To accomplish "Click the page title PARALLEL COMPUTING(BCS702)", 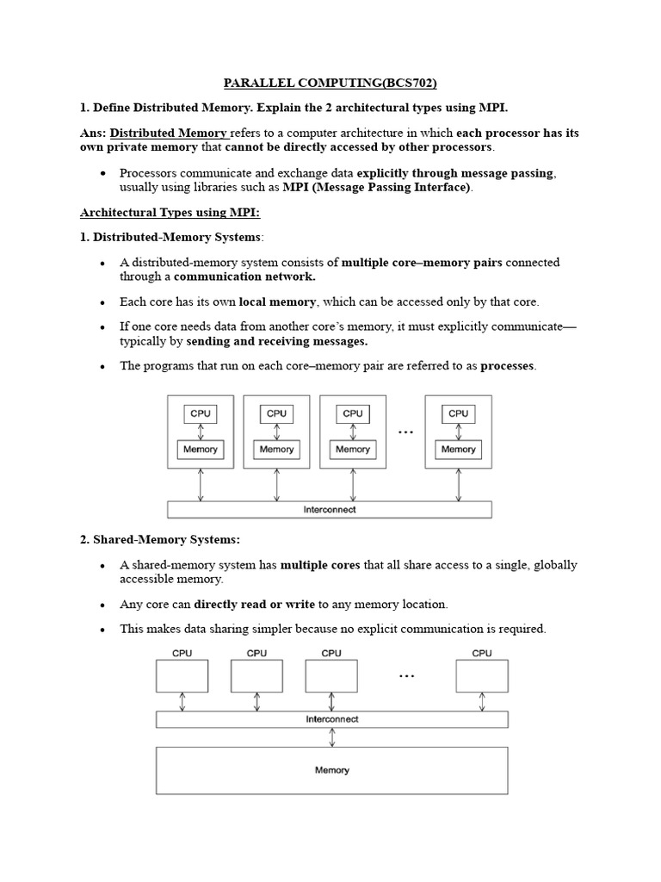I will pos(330,84).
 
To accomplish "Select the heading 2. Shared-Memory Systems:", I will pos(160,539).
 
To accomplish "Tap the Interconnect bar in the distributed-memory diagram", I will pos(329,510).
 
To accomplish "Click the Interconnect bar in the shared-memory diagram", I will pos(331,719).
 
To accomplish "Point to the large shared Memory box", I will pos(331,770).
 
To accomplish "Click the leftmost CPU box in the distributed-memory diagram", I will pos(201,413).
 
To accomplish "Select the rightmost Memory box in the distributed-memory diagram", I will pos(458,449).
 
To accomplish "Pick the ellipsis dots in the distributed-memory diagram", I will pos(405,432).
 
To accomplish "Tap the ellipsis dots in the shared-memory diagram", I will pos(406,677).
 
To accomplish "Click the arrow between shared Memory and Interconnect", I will pos(331,737).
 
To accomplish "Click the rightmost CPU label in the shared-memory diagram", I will pos(482,653).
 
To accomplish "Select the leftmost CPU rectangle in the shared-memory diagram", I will pos(182,676).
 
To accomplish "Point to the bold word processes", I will pos(508,366).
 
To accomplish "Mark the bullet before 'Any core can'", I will pos(102,605).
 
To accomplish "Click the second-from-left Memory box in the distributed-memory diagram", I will pos(276,449).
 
